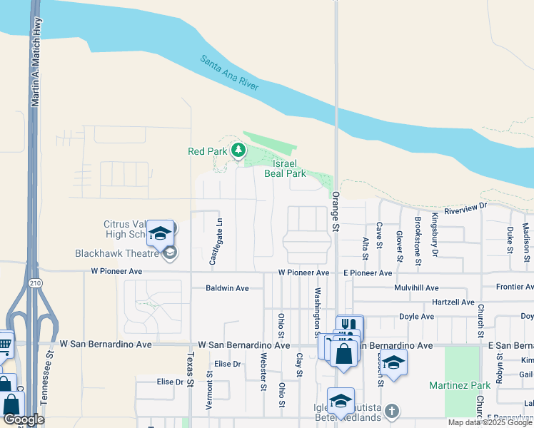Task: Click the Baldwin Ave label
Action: click(x=227, y=288)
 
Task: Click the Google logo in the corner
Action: click(x=24, y=419)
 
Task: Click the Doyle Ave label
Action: click(x=417, y=317)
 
